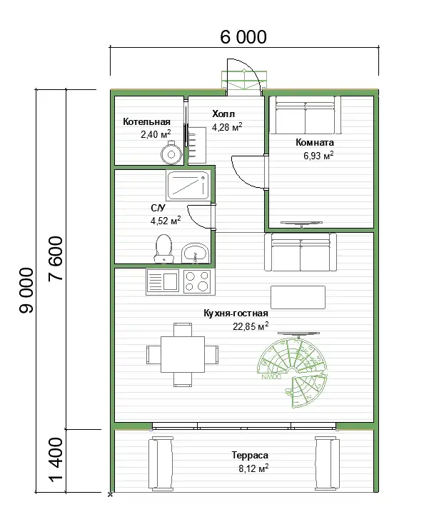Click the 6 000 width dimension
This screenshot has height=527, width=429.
[x=243, y=37]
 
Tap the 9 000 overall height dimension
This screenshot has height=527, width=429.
[x=27, y=291]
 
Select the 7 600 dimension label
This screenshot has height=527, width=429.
[x=56, y=259]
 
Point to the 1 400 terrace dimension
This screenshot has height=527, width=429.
[x=56, y=459]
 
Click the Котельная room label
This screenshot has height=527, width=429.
[x=146, y=121]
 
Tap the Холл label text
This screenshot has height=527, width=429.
[x=223, y=114]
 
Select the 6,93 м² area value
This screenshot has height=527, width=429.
[x=318, y=155]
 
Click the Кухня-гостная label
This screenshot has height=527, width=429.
[x=236, y=313]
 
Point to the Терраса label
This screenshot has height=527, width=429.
[x=250, y=456]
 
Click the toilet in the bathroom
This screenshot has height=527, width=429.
[x=163, y=249]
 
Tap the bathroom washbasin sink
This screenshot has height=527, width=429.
[x=195, y=253]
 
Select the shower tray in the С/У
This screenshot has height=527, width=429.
[x=188, y=186]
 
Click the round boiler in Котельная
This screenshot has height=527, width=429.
[x=171, y=153]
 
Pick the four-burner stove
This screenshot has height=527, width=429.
[x=197, y=281]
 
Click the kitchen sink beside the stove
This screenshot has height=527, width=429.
[x=163, y=282]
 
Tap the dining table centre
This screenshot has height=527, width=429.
[x=183, y=354]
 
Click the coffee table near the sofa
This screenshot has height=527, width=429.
[x=298, y=298]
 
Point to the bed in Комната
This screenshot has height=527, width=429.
[x=305, y=115]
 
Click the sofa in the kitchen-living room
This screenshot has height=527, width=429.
[x=301, y=252]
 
